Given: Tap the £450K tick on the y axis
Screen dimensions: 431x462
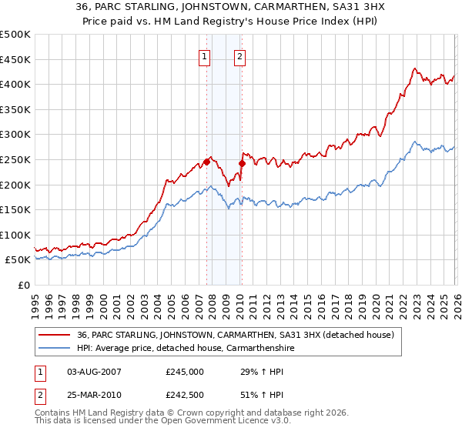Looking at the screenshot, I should point(15,59).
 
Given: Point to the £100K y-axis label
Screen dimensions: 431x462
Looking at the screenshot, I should point(15,235).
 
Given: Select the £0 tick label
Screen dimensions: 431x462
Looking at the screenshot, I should point(24,285).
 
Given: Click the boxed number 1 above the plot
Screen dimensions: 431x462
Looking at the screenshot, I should point(205,55).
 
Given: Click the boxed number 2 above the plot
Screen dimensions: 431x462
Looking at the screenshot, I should point(240,55).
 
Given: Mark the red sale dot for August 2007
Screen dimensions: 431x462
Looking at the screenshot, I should point(206,162).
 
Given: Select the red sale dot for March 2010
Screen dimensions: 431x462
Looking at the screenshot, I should point(242,163).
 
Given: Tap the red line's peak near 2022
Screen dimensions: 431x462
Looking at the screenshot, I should point(414,68).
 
